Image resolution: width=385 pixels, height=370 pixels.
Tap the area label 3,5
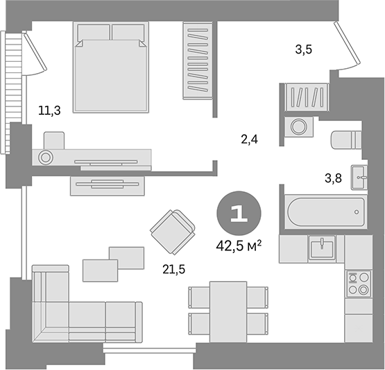pyautogui.click(x=304, y=49)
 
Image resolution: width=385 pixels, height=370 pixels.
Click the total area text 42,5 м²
pyautogui.click(x=239, y=246)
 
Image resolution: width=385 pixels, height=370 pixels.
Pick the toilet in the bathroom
pyautogui.click(x=347, y=140)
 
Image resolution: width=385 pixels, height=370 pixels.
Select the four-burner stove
pyautogui.click(x=359, y=282)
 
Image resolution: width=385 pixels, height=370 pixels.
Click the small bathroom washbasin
pyautogui.click(x=360, y=177)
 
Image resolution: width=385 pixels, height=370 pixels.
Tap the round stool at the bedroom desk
pyautogui.click(x=46, y=156)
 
